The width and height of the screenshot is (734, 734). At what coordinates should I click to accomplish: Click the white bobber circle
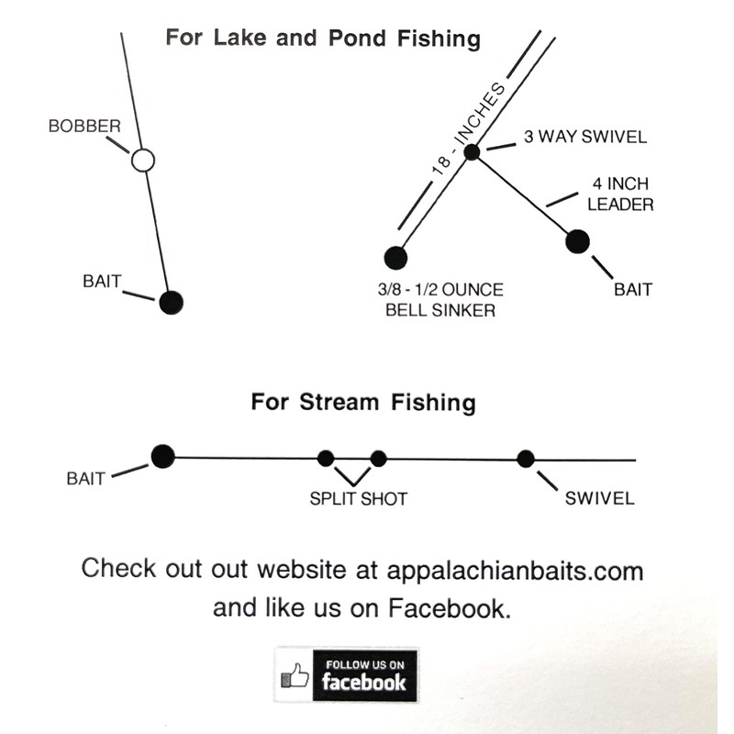[142, 161]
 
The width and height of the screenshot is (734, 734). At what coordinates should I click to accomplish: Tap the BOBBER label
[84, 126]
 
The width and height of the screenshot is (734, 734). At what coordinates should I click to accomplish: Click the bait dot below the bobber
[171, 302]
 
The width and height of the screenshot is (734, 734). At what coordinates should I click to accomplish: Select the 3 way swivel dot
[472, 152]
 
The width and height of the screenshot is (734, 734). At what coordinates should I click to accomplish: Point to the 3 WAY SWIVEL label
[584, 138]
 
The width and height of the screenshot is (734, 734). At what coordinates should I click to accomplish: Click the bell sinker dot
[395, 258]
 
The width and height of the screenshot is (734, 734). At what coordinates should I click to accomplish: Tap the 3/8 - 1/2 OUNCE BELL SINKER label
[440, 300]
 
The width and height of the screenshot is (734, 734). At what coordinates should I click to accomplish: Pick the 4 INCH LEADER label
[620, 195]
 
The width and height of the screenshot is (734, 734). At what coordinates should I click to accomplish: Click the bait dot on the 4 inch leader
[577, 241]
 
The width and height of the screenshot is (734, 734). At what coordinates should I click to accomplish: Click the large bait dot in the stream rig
[163, 456]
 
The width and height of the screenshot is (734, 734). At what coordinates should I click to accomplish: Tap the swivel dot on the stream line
[526, 459]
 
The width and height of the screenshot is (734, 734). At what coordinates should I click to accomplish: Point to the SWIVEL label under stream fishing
[599, 499]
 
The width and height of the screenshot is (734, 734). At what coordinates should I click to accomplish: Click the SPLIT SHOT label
[358, 499]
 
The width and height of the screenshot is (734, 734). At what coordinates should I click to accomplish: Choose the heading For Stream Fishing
[363, 403]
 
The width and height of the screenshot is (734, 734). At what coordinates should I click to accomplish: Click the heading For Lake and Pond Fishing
[323, 39]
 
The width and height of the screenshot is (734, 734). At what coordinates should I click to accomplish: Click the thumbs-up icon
[295, 676]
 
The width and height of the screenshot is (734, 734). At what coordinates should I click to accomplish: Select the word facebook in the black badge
[363, 683]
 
